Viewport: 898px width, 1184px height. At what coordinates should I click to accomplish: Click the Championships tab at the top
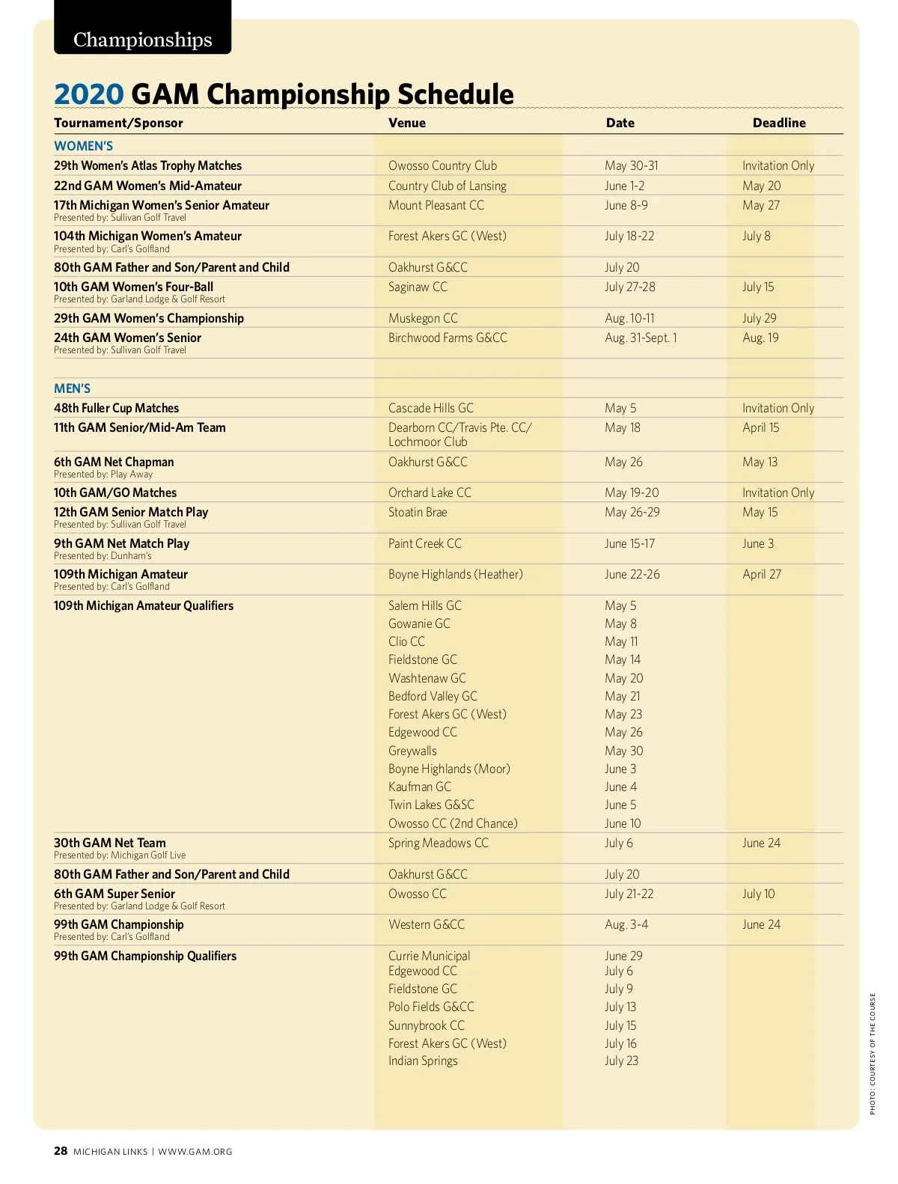pyautogui.click(x=142, y=39)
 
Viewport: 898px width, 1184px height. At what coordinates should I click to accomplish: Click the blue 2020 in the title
pyautogui.click(x=88, y=94)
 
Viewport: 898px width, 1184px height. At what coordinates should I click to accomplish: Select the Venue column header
pyautogui.click(x=406, y=123)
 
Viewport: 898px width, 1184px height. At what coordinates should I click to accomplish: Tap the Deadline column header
pyautogui.click(x=778, y=123)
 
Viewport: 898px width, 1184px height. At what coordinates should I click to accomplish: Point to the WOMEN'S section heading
pyautogui.click(x=83, y=146)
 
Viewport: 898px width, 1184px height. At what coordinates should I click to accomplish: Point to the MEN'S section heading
pyautogui.click(x=72, y=388)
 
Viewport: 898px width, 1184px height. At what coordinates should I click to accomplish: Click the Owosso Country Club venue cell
pyautogui.click(x=442, y=165)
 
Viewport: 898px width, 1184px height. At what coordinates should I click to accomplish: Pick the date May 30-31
pyautogui.click(x=631, y=165)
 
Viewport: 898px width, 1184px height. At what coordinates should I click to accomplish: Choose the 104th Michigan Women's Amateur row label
pyautogui.click(x=147, y=236)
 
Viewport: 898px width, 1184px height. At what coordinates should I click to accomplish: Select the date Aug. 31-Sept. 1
pyautogui.click(x=641, y=338)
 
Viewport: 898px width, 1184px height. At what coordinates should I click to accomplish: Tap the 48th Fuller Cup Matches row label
pyautogui.click(x=116, y=408)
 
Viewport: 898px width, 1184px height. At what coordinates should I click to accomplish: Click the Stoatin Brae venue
pyautogui.click(x=417, y=512)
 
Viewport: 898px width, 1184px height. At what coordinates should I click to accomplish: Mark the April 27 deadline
pyautogui.click(x=761, y=574)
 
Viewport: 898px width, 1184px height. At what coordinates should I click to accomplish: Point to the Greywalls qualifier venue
pyautogui.click(x=412, y=751)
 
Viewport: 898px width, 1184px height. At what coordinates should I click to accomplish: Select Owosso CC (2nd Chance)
pyautogui.click(x=452, y=823)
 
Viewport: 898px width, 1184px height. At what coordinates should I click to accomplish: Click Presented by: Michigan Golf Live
pyautogui.click(x=120, y=855)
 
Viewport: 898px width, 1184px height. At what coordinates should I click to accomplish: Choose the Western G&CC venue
pyautogui.click(x=426, y=924)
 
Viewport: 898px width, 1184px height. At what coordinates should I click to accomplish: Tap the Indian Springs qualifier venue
pyautogui.click(x=423, y=1061)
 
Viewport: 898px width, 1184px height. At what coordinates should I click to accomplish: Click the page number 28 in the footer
pyautogui.click(x=61, y=1151)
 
